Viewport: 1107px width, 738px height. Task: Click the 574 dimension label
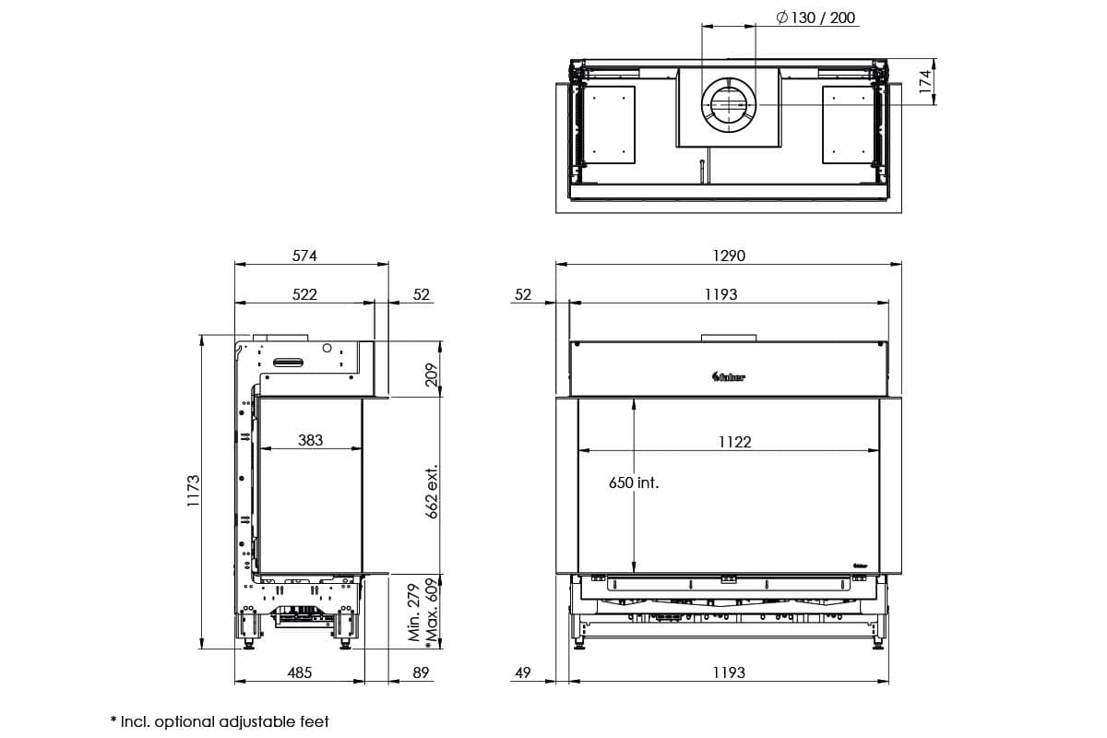[x=304, y=256]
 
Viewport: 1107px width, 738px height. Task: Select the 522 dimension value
[x=304, y=294]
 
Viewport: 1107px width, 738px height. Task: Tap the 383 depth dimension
[x=311, y=440]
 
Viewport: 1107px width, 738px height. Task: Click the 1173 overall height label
[x=193, y=493]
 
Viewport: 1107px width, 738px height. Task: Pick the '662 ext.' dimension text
[x=431, y=492]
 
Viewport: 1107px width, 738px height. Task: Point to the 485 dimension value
[x=300, y=673]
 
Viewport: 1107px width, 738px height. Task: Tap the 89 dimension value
[x=421, y=673]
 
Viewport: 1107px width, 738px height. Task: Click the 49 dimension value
[x=522, y=673]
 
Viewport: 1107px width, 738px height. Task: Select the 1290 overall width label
[x=729, y=256]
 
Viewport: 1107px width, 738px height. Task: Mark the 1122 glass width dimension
[x=734, y=442]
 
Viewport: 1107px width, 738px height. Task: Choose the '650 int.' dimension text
[x=634, y=482]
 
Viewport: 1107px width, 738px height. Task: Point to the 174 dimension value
[x=925, y=82]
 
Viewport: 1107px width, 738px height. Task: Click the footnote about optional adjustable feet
[x=219, y=721]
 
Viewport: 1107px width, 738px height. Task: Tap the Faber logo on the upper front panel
[x=729, y=375]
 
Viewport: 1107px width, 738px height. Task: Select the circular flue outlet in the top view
[x=729, y=104]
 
